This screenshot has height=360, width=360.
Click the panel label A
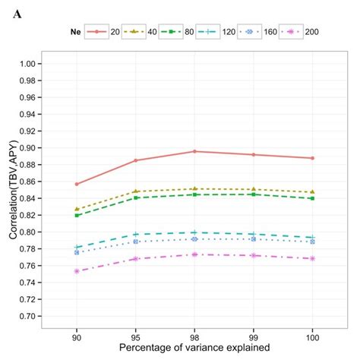click(x=16, y=13)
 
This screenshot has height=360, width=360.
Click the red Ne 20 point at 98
click(x=194, y=151)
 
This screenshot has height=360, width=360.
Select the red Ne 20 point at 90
click(x=76, y=184)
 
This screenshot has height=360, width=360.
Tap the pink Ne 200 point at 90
click(x=76, y=270)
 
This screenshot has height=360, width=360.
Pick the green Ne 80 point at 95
click(x=135, y=198)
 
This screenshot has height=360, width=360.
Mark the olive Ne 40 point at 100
click(x=312, y=192)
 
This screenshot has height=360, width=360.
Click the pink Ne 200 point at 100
click(x=312, y=258)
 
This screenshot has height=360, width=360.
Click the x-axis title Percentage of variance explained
click(x=194, y=348)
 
